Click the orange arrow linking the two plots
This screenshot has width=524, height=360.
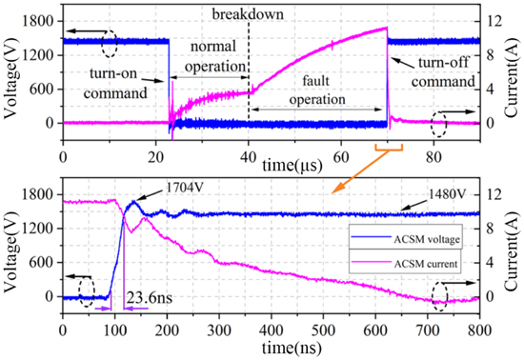pyautogui.click(x=362, y=170)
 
